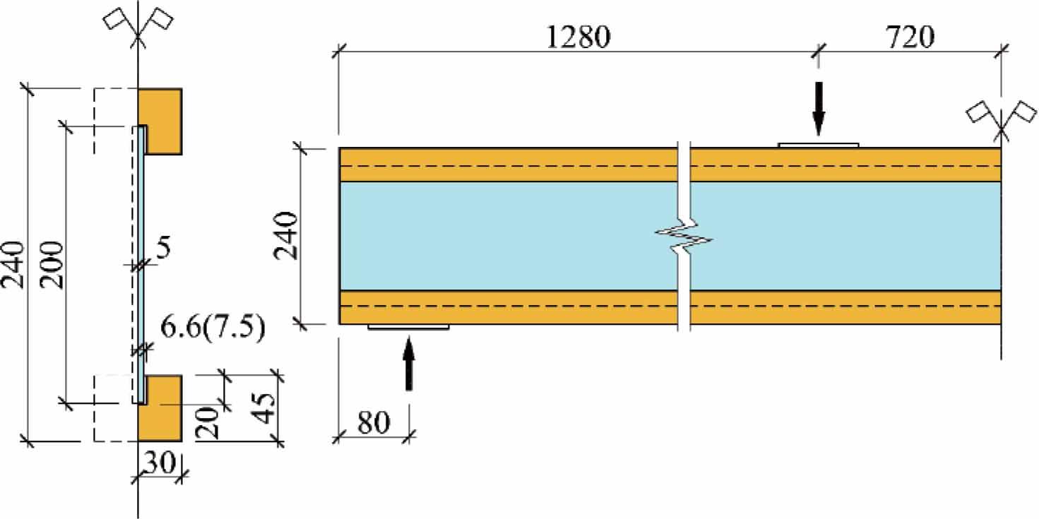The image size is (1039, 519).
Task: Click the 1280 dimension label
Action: point(577,37)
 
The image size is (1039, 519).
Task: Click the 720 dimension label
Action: point(908,37)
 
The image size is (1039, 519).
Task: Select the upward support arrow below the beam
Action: point(408,363)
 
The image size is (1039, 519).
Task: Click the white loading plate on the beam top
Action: point(818,145)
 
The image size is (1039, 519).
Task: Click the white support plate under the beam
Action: point(408,327)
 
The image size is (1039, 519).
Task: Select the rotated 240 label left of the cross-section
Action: point(13,266)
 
